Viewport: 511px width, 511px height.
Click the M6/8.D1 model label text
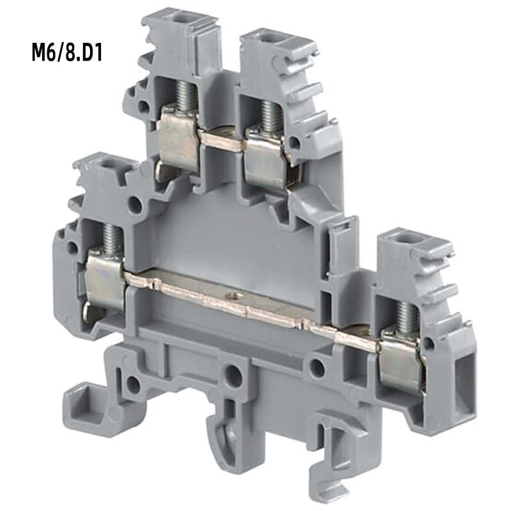(67, 52)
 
